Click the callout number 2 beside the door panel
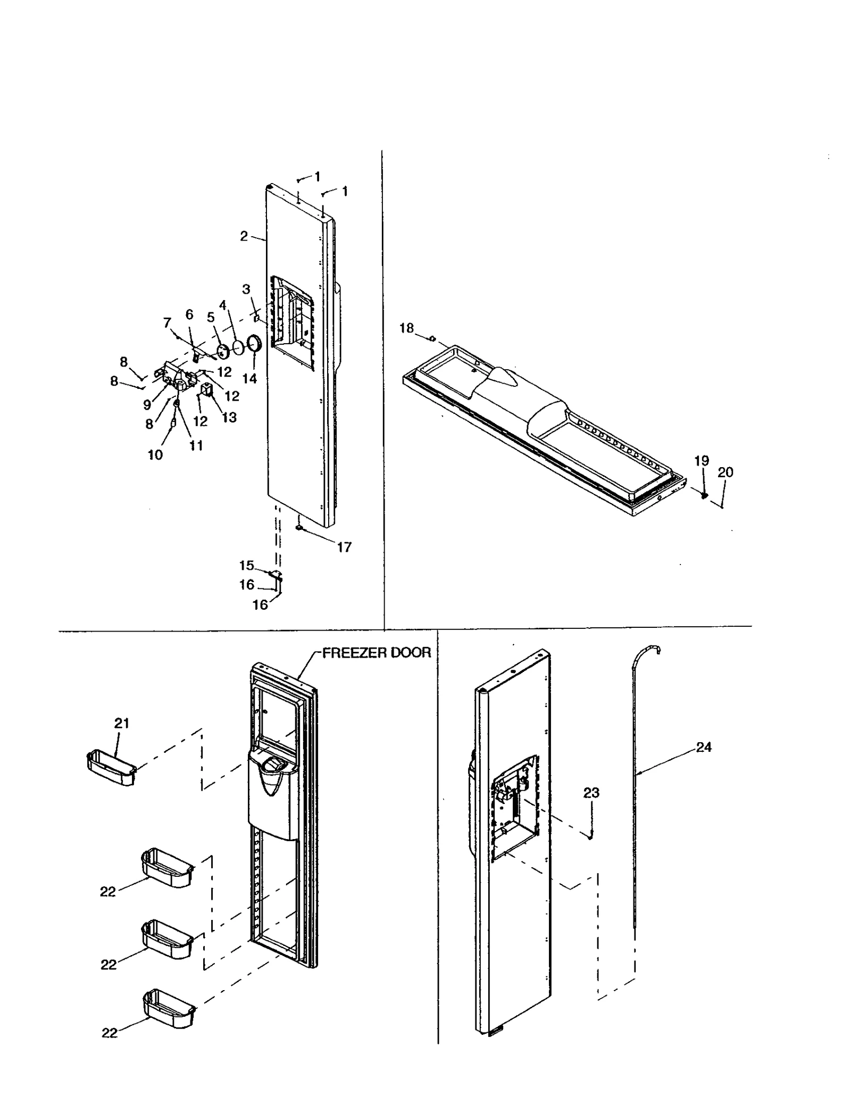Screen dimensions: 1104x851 [x=244, y=236]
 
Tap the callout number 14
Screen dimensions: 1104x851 [x=249, y=378]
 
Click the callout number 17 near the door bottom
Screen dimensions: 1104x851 [x=344, y=547]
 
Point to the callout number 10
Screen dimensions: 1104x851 [x=155, y=455]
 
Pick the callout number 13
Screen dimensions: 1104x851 [x=229, y=418]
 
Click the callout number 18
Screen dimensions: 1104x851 [x=406, y=328]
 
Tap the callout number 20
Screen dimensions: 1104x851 [x=725, y=472]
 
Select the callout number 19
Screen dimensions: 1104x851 [x=702, y=461]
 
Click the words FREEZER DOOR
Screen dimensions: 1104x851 [x=377, y=653]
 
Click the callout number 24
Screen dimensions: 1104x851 [x=704, y=748]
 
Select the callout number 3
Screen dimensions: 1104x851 [x=246, y=289]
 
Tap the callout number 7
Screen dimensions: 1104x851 [x=167, y=323]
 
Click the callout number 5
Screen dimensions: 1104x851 [x=211, y=318]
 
